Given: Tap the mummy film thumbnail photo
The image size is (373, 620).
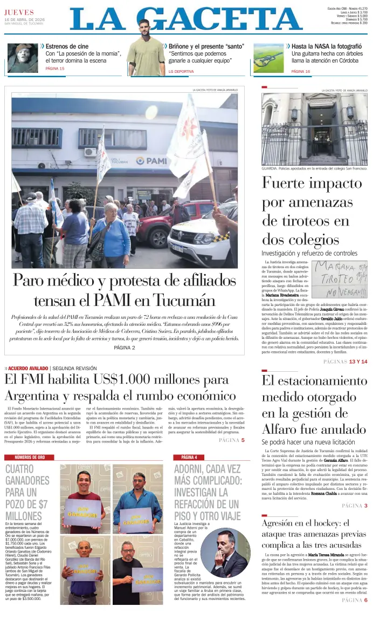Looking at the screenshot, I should [x=21, y=58].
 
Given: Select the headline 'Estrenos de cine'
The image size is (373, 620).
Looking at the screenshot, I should [x=67, y=46].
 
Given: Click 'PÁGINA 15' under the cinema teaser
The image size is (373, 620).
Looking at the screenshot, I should [x=55, y=69].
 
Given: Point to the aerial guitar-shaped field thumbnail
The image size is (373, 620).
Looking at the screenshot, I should [x=268, y=58].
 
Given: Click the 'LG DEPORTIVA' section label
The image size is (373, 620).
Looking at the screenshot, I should [x=181, y=71].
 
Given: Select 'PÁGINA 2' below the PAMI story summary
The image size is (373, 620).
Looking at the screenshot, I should [x=125, y=348].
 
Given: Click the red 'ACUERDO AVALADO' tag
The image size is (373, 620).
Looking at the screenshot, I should [x=28, y=369].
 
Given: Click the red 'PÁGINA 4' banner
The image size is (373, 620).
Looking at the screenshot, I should [x=189, y=457].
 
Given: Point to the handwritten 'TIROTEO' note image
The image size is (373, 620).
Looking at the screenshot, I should [x=340, y=278].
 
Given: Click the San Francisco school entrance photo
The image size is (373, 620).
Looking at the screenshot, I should [x=314, y=130].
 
